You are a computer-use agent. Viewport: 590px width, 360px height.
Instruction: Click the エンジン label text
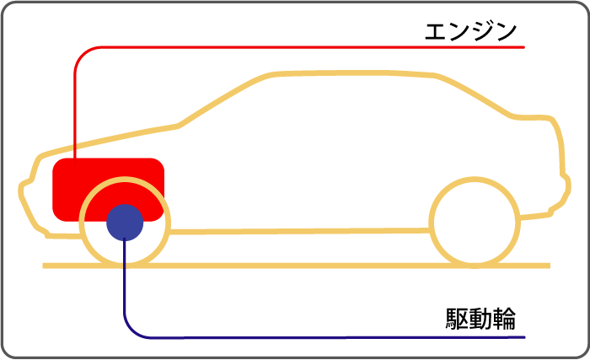click(x=470, y=31)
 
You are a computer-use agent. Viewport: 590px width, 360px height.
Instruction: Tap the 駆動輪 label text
click(x=480, y=320)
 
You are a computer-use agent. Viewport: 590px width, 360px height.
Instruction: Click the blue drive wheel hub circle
click(x=125, y=223)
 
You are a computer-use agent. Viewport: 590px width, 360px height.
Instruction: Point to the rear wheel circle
click(x=430, y=223)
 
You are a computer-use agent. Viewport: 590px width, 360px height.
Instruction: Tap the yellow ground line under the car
click(x=297, y=266)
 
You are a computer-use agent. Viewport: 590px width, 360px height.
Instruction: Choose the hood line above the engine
click(x=109, y=139)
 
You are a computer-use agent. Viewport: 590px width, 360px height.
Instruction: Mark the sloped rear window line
click(x=474, y=95)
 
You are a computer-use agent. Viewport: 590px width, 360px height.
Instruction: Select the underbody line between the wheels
click(x=299, y=231)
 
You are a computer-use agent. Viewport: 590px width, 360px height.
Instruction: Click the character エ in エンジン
click(x=436, y=32)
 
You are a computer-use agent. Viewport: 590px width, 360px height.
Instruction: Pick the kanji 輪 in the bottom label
click(x=505, y=320)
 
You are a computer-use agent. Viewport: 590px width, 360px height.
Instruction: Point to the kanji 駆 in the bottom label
click(x=457, y=320)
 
